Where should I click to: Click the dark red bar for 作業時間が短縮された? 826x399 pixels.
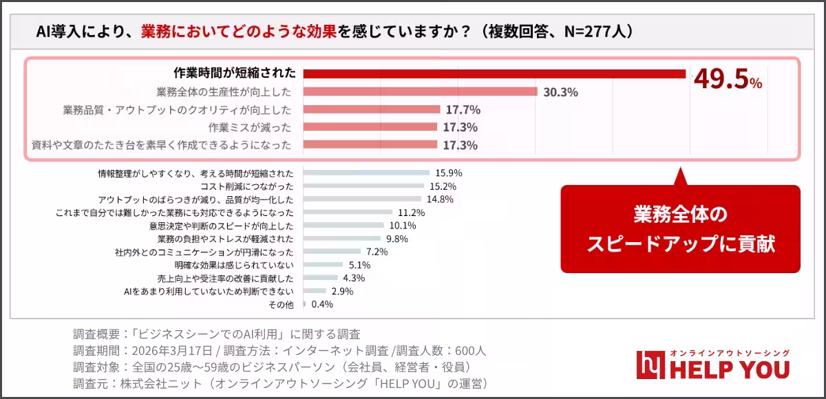(x=494, y=74)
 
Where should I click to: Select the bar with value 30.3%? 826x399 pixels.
(x=420, y=91)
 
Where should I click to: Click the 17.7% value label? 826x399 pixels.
(x=463, y=109)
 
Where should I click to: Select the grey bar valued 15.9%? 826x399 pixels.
(x=366, y=173)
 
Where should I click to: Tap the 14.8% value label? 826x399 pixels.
(x=440, y=199)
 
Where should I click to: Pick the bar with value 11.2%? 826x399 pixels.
(x=348, y=213)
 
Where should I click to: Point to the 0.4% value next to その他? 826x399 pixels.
(x=322, y=304)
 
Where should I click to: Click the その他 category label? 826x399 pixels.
(x=281, y=304)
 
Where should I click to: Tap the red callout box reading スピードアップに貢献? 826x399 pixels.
(x=681, y=229)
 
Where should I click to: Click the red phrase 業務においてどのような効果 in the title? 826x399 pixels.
(x=239, y=31)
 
